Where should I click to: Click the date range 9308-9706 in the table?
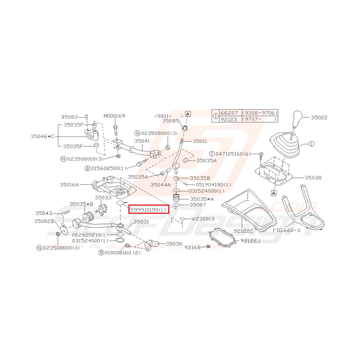click(x=259, y=113)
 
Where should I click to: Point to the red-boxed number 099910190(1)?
click(x=148, y=210)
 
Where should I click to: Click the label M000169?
click(x=114, y=116)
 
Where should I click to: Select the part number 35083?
click(x=69, y=116)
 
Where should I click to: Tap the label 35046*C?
click(x=43, y=136)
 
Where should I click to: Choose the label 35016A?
click(x=69, y=185)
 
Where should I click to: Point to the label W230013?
click(x=203, y=219)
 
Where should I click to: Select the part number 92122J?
click(x=251, y=240)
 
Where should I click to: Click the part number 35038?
click(x=313, y=178)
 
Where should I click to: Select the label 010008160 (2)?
click(x=121, y=253)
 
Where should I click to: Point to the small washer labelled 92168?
click(x=208, y=246)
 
